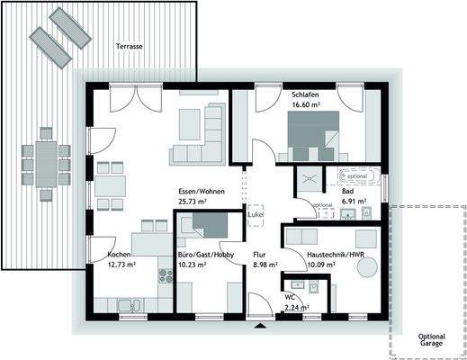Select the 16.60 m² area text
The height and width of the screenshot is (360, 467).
click(x=307, y=105)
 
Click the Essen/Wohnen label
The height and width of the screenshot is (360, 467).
click(x=201, y=191)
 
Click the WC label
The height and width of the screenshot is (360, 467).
click(x=290, y=296)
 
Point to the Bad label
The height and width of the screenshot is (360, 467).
click(x=346, y=192)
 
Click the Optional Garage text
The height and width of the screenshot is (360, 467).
click(x=432, y=341)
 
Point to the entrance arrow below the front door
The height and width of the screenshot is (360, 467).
click(x=260, y=325)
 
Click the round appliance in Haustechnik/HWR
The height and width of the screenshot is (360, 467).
click(x=364, y=238)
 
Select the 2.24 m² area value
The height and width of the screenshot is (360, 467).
click(x=296, y=307)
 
